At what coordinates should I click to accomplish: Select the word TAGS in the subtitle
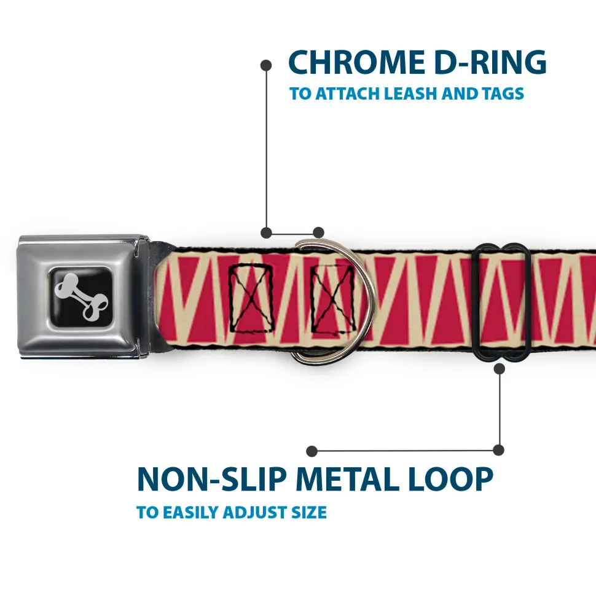tap(501, 94)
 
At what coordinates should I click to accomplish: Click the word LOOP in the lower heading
tap(451, 479)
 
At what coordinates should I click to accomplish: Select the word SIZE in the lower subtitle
tap(306, 512)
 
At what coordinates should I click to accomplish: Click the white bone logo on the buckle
tap(83, 295)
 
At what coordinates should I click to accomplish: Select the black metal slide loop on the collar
tap(502, 301)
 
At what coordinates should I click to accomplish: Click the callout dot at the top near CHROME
tap(266, 64)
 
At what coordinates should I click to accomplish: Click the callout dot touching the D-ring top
tap(318, 232)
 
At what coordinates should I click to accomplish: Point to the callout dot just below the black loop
tap(500, 368)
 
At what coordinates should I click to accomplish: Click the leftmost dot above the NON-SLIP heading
tap(312, 451)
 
